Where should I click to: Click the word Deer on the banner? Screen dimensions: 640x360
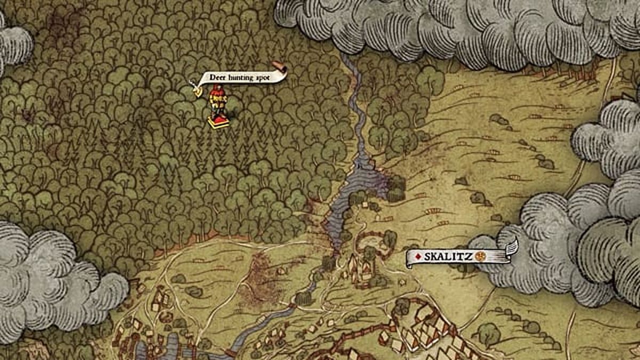tap(217, 78)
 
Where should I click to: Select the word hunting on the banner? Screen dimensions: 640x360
tap(239, 78)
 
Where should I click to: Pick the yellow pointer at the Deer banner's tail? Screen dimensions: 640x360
tap(197, 91)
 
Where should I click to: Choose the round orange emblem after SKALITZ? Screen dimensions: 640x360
tap(480, 256)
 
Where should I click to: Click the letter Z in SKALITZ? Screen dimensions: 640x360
tap(469, 257)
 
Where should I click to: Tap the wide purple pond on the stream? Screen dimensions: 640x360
tap(363, 181)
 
